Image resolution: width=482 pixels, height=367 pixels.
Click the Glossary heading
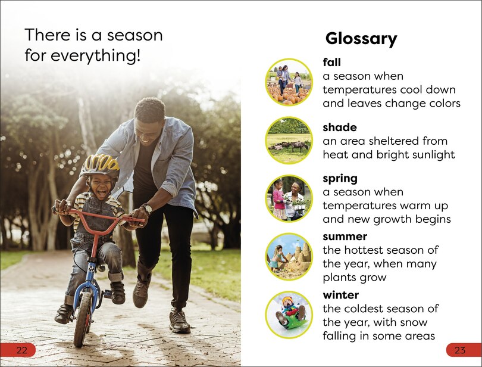coord(361,39)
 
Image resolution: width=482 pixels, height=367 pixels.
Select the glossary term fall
coord(331,62)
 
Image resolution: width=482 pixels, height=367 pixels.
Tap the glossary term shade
coord(339,127)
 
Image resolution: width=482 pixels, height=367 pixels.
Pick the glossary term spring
coord(340,178)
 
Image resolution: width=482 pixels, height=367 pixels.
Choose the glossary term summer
coord(345,237)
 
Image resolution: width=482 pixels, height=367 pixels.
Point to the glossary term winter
coord(341,295)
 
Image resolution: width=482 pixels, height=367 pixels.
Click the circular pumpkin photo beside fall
coord(289,82)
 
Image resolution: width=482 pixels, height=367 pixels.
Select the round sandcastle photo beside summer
coord(289,257)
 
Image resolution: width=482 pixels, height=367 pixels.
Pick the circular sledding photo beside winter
coord(289,315)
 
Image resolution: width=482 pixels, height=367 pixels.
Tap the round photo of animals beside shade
coord(289,141)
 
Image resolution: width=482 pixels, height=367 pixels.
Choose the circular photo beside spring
coord(289,198)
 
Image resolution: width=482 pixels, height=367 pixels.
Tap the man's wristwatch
coord(146,209)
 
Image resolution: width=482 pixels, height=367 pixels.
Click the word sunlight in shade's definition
coord(428,155)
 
